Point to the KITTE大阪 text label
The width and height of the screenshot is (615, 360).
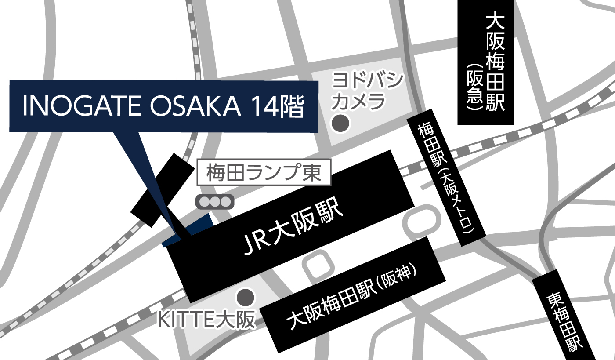coord(206,320)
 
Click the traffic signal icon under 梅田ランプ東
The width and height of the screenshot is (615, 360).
coord(215,202)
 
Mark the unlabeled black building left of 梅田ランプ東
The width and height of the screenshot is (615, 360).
coord(163,189)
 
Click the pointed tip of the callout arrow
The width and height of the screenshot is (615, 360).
coord(176,232)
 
